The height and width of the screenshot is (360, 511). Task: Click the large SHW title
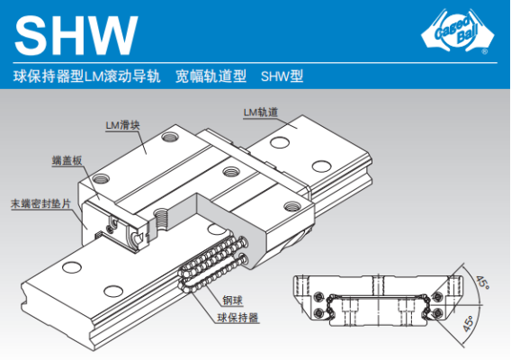coord(76,35)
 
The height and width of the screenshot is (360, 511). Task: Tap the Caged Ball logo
coord(458,31)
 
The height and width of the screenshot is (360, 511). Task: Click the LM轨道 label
coord(261,112)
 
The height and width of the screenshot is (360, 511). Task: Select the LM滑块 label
coord(122,125)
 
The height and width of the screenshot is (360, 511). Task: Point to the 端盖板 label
coord(67,160)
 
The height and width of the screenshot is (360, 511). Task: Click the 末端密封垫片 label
coord(40,203)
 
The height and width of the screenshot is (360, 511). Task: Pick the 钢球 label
coord(233,301)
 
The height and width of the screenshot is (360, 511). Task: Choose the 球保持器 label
coord(238,318)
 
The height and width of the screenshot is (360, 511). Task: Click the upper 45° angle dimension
coord(482,283)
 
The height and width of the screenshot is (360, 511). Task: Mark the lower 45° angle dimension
coord(468,323)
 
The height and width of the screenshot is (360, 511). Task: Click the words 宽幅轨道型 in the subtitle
coord(211,76)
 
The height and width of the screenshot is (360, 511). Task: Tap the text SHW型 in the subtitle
coord(282,76)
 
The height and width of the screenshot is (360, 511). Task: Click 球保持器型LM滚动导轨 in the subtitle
coord(87,76)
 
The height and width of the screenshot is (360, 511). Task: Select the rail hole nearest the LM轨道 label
coord(280,142)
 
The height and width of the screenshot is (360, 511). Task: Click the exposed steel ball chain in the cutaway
coord(212,263)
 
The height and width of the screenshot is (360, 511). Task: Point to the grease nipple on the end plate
coord(113,222)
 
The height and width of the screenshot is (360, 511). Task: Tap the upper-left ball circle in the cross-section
coord(318,297)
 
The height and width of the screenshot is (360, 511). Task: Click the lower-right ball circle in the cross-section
coord(437,313)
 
